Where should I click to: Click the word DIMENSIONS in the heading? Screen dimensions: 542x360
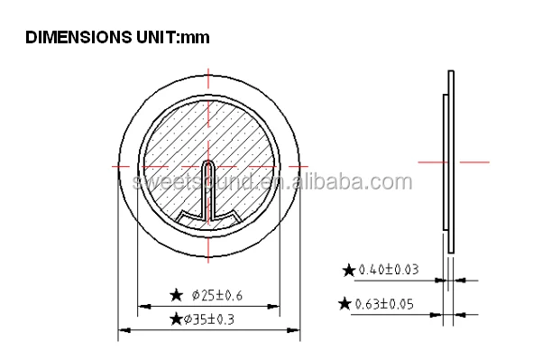coord(78,37)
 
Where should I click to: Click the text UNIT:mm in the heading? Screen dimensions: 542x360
coord(173,37)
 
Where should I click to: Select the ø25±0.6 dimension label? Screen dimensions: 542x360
coord(217,295)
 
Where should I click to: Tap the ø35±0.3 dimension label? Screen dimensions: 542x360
coord(209,319)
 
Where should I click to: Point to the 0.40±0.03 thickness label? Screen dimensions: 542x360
coord(389,270)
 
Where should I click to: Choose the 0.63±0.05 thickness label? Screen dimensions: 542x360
coord(384,304)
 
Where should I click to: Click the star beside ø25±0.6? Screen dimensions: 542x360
coord(176,295)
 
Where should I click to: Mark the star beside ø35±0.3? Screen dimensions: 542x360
coord(176,318)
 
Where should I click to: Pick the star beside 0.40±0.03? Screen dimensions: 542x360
coord(349,270)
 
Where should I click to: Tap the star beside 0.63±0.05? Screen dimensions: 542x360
coord(344,304)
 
